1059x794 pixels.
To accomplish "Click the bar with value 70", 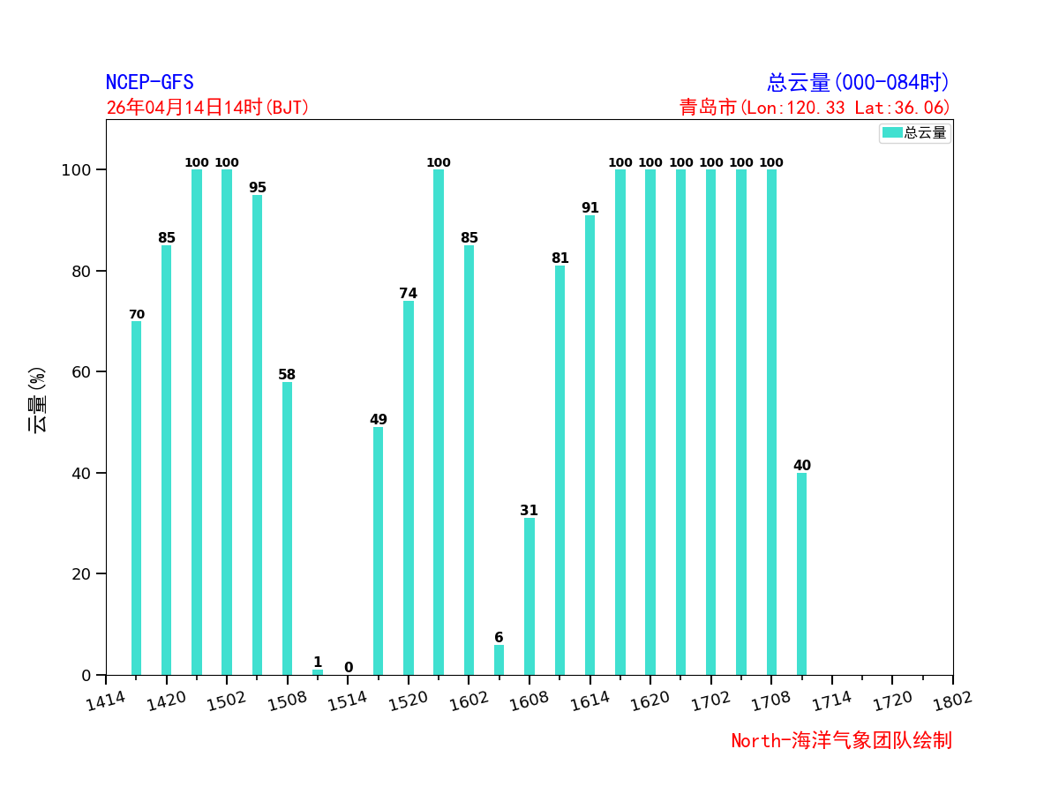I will pos(136,498).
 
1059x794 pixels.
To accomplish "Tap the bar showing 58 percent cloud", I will pos(287,528).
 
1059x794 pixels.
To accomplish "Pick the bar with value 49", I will pos(378,551).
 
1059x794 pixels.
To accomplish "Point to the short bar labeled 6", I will pos(499,660).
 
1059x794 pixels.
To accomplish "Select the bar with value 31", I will pos(529,596).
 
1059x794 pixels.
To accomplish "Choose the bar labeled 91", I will pos(590,446).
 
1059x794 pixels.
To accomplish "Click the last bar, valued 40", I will pos(801,573).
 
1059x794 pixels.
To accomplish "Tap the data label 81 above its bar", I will pos(560,258).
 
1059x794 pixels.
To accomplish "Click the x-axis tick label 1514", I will pos(346,701).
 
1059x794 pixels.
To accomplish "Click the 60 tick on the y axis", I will pos(81,372).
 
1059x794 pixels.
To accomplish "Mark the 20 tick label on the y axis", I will pos(81,574).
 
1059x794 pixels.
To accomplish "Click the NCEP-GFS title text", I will pos(149,83).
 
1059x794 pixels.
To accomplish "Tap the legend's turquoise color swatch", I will pos(892,132).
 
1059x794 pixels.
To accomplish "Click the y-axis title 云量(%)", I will pos(37,400).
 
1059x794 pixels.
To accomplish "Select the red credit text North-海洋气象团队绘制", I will pos(841,741).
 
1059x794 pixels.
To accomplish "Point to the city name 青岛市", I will pos(707,108).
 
